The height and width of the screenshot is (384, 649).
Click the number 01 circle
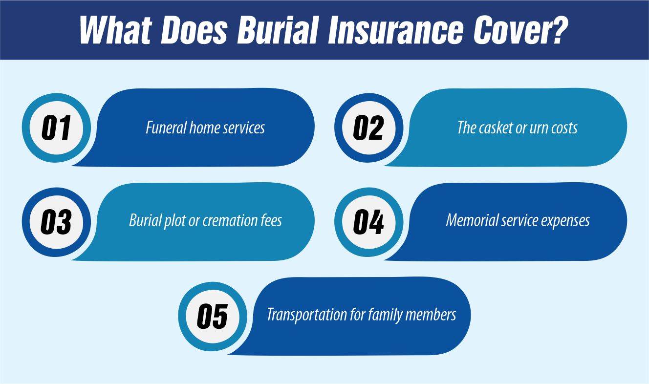[x=56, y=128]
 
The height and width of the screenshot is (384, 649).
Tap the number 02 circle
[x=368, y=128]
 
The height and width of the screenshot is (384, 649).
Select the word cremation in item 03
[x=231, y=221]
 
